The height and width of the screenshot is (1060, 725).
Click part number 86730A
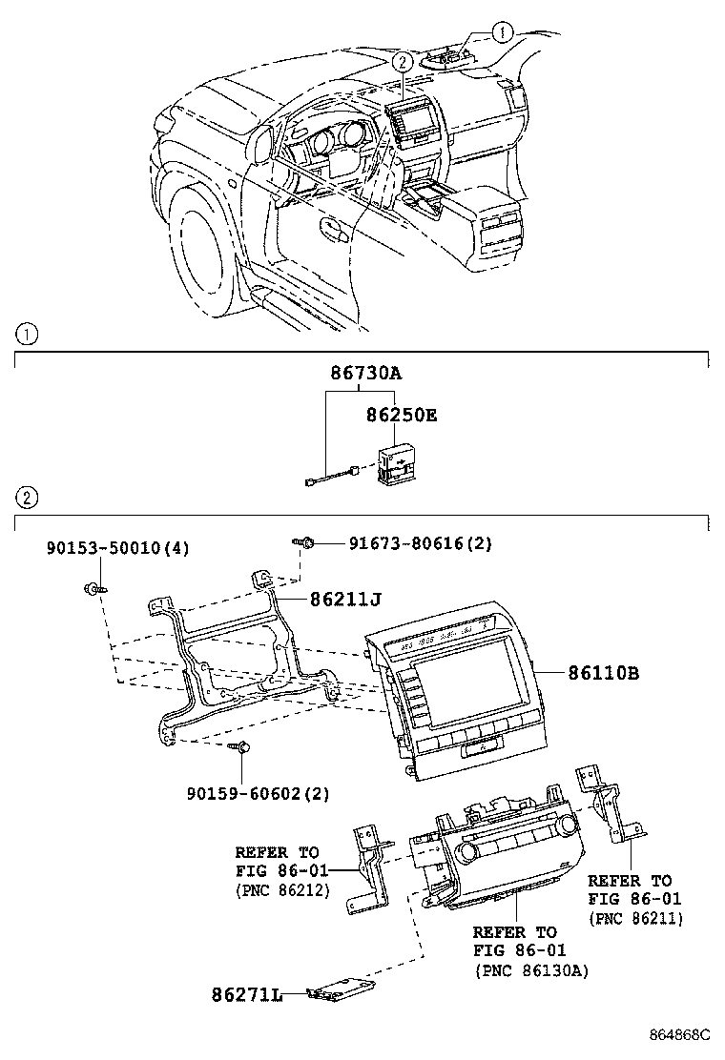point(365,375)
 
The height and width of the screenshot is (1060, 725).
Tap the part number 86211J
point(344,599)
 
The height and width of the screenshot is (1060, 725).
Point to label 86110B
point(603,673)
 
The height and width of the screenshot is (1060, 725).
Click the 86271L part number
point(247,995)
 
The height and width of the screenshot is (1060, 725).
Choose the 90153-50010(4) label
point(118,548)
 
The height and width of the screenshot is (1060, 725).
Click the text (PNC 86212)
point(282,890)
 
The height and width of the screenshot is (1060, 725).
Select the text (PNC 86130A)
point(530,970)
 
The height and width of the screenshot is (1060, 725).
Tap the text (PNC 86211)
point(635,919)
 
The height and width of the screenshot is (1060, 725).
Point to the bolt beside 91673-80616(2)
point(306,543)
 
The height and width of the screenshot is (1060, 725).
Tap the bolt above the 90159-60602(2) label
point(242,747)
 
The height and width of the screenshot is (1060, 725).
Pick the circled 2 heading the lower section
point(28,498)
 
